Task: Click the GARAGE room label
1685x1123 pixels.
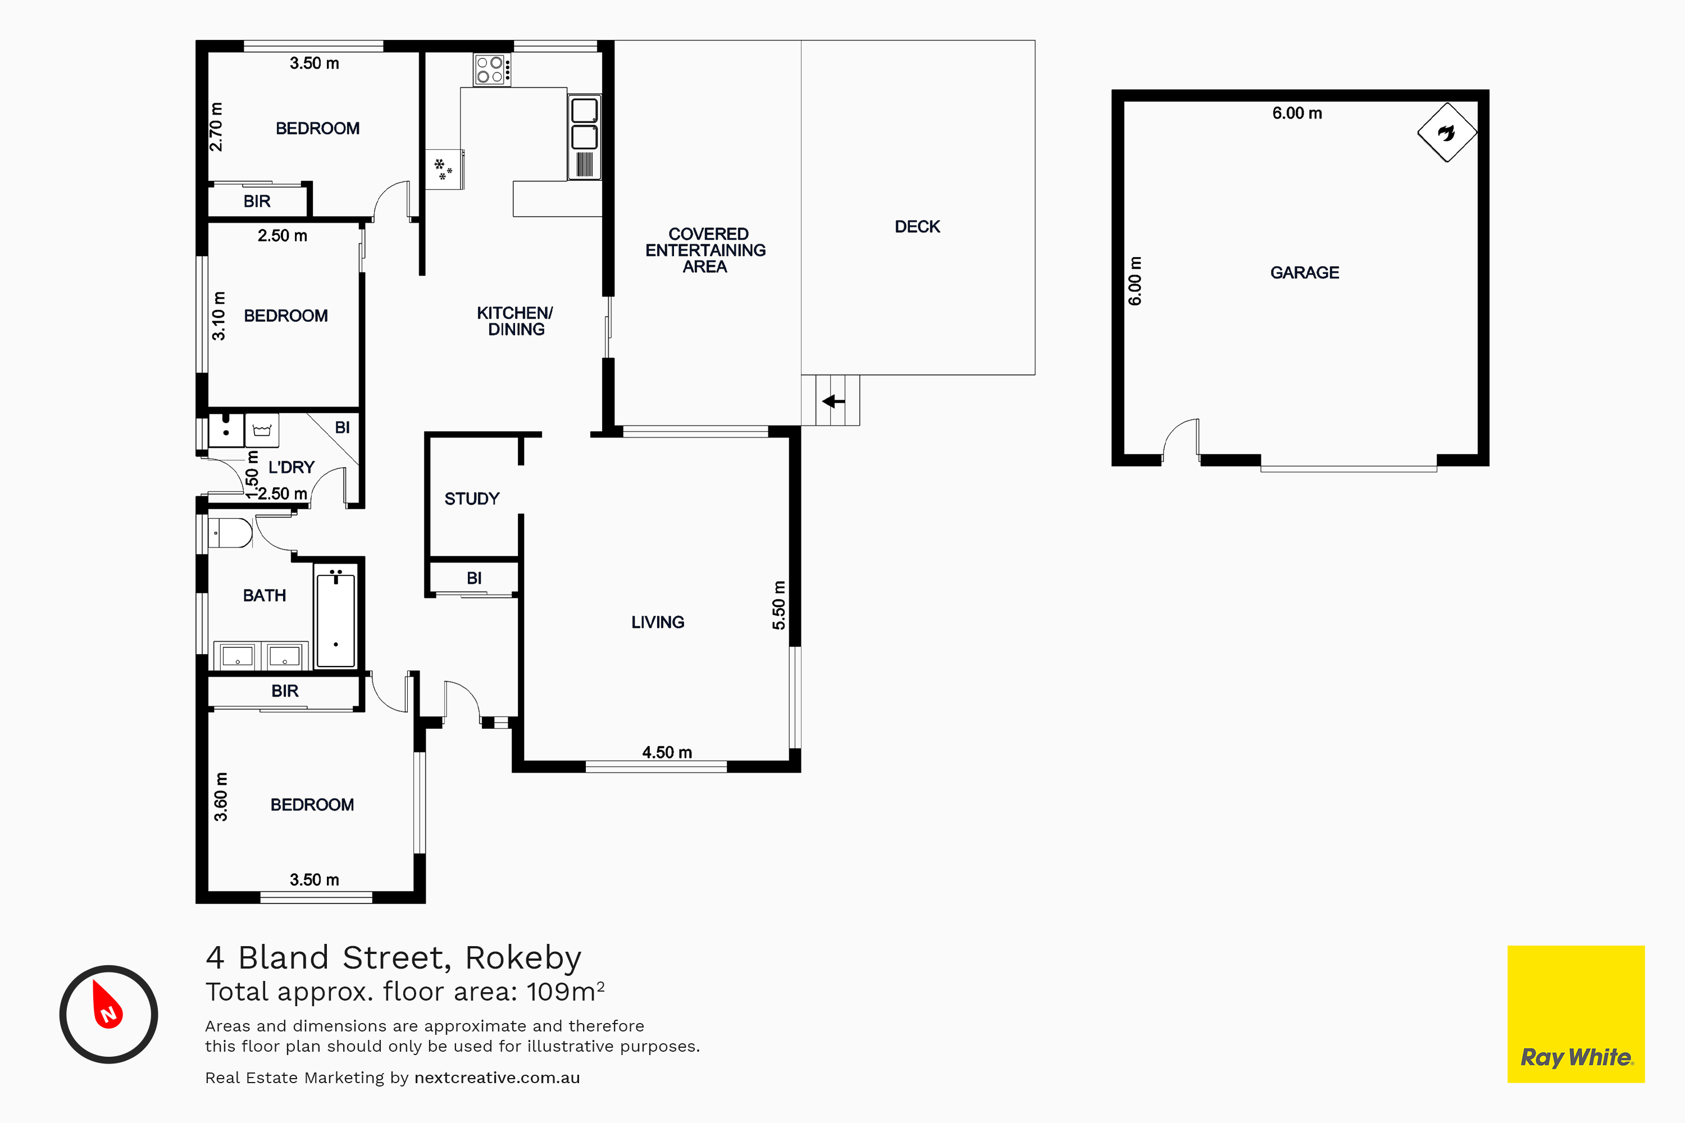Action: (x=1305, y=273)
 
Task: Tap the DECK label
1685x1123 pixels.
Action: (x=917, y=227)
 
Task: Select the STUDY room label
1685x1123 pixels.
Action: (x=471, y=499)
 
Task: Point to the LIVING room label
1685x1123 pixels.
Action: (x=658, y=622)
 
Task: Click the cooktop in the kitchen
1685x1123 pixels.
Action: (x=492, y=70)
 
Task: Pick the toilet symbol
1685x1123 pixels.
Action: (x=230, y=533)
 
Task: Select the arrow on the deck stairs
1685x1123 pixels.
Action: (x=833, y=401)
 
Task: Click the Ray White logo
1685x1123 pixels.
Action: (x=1576, y=1014)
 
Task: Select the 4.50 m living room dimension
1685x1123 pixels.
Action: (x=667, y=753)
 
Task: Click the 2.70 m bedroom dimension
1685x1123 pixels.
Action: (x=216, y=127)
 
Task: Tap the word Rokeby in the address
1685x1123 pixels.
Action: (x=523, y=958)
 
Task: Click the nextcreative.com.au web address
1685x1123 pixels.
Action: (x=497, y=1078)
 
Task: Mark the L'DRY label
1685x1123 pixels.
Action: (x=292, y=468)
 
